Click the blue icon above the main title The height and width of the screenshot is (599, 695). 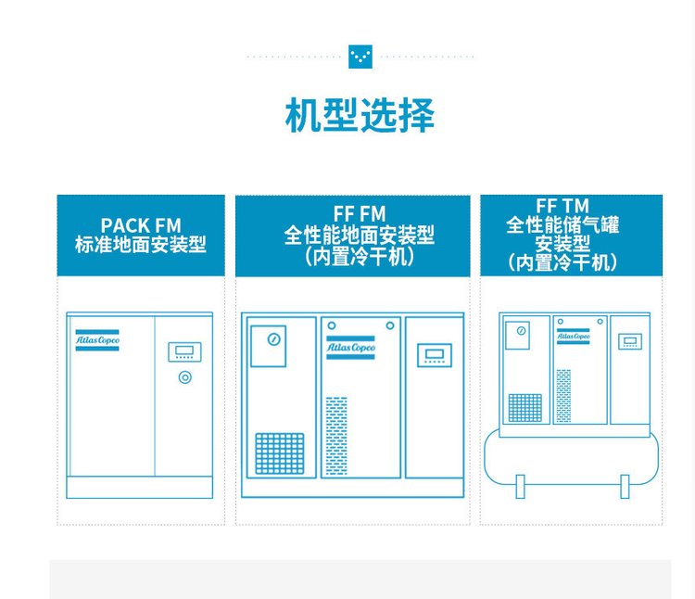point(360,56)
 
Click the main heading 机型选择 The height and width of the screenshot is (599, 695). point(360,116)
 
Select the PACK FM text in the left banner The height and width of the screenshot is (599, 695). point(141,225)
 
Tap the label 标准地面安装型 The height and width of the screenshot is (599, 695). point(141,245)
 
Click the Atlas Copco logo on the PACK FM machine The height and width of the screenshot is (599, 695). point(97,340)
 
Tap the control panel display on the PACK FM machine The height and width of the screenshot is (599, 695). point(184,351)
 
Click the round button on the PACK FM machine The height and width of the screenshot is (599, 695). point(184,377)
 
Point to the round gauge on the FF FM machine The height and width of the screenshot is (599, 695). point(273,339)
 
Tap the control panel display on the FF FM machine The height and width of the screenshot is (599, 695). point(433,353)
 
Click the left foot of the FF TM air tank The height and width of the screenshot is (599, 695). point(520,485)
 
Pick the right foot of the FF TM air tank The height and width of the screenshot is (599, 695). point(625,485)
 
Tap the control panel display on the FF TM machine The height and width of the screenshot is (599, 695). point(629,341)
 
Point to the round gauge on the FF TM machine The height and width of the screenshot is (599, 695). point(522,330)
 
